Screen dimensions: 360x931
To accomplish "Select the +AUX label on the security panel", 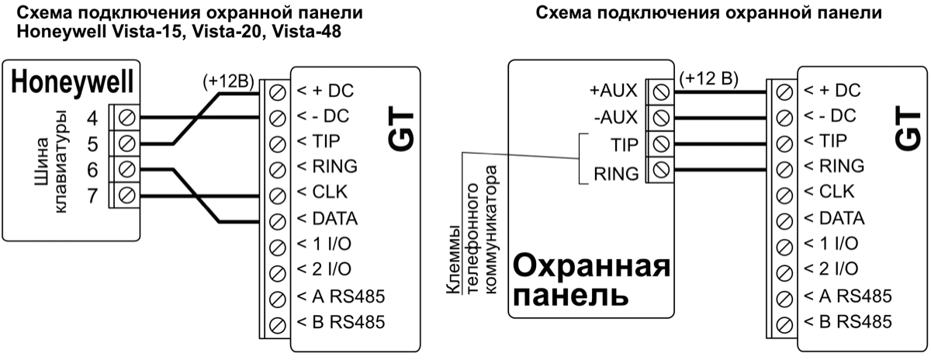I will [613, 91].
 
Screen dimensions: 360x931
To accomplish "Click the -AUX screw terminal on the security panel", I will [659, 118].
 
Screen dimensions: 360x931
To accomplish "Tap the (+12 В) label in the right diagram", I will [708, 78].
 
